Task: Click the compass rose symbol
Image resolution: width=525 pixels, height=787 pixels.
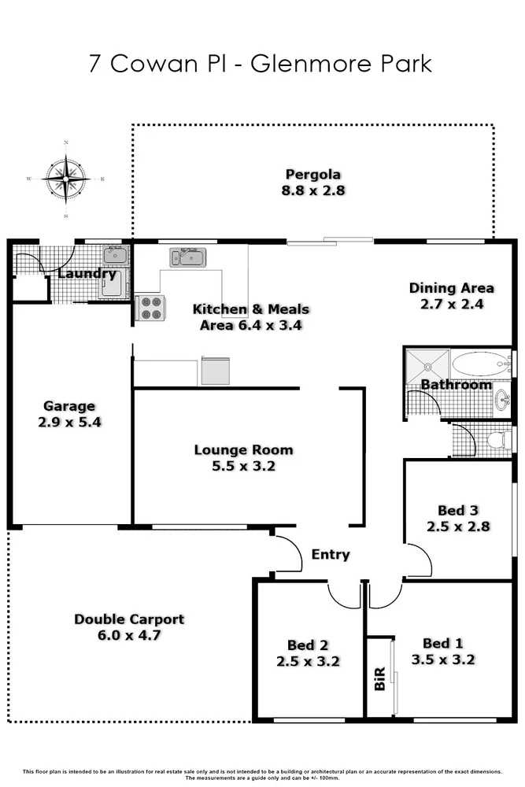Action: coord(66,179)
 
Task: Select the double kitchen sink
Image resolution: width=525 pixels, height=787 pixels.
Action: coord(187,257)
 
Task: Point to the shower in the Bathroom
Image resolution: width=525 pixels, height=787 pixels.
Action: coord(427,365)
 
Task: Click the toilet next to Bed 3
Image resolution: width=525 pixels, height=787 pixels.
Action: coord(498,439)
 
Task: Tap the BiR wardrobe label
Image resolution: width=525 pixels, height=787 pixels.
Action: coord(379,677)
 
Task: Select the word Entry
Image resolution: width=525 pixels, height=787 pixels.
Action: coord(330,555)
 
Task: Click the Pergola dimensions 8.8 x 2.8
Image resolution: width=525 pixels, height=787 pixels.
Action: coord(313,190)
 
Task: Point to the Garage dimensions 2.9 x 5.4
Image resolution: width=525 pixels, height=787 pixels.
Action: coord(69,422)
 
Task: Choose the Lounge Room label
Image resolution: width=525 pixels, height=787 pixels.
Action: coord(243,450)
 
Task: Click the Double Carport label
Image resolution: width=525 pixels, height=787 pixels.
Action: coord(129,619)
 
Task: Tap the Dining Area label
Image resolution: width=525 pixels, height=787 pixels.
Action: coord(451,288)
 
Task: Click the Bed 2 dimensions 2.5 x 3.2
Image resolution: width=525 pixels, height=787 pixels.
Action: coord(308,661)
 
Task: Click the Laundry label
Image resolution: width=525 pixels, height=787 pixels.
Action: coord(87,275)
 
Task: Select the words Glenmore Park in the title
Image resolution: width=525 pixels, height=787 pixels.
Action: coord(341,63)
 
